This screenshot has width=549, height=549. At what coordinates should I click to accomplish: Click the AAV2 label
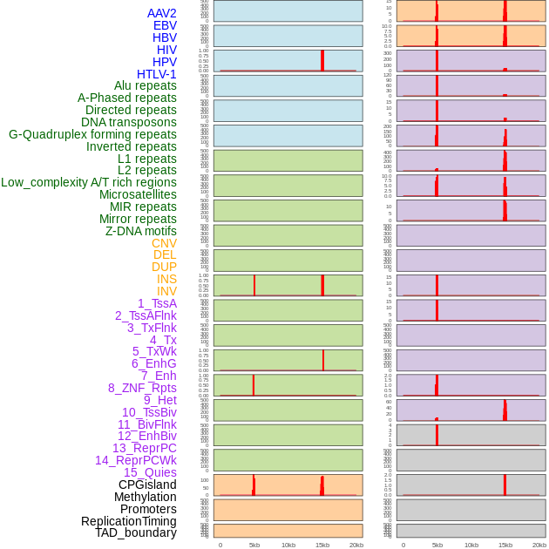(162, 13)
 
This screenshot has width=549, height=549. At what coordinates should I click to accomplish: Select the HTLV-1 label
(157, 74)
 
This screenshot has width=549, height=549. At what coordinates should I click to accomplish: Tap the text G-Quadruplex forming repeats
(92, 134)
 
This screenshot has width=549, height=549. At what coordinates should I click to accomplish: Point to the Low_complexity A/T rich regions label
(89, 182)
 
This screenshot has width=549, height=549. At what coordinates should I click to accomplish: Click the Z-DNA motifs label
(141, 231)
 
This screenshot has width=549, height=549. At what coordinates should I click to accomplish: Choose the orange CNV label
(164, 243)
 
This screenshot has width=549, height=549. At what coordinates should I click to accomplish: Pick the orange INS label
(166, 279)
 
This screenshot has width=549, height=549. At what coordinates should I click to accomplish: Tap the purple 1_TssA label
(157, 303)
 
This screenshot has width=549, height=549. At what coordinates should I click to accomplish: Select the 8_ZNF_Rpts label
(142, 388)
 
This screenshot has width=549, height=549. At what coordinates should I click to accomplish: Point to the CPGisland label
(147, 485)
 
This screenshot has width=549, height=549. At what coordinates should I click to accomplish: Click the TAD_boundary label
(136, 532)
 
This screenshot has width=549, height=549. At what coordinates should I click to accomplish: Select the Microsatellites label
(138, 194)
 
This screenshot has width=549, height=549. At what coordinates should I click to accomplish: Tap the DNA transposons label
(129, 122)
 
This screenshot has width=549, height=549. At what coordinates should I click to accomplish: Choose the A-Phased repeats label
(127, 98)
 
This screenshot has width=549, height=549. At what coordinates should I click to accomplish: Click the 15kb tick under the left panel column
(322, 545)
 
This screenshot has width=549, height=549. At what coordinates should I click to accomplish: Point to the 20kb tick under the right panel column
(539, 545)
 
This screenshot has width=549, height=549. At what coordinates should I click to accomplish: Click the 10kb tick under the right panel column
(471, 545)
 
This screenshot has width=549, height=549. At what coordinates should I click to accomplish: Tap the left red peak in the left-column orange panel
(254, 485)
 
